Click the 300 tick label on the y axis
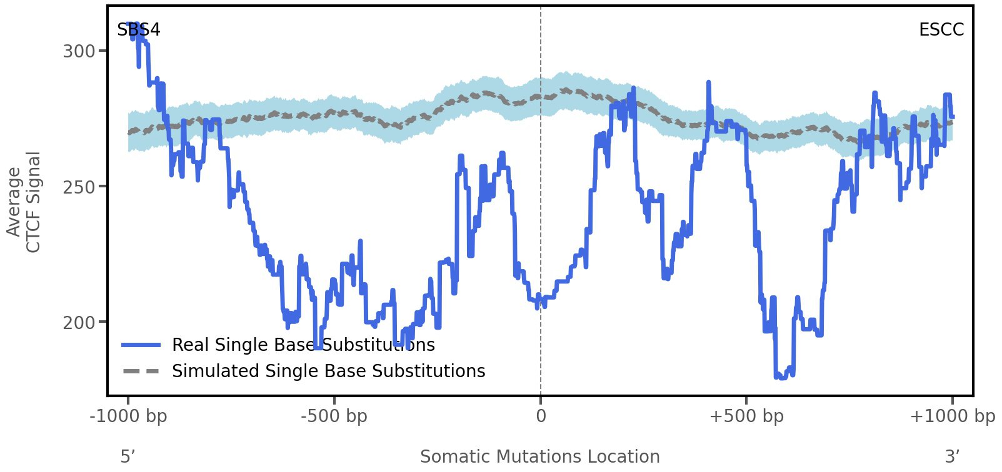click(79, 51)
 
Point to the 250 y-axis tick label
click(79, 187)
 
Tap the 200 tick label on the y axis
click(79, 323)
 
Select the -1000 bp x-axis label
click(129, 416)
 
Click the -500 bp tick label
click(334, 416)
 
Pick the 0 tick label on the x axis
click(541, 416)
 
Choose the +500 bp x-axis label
click(746, 416)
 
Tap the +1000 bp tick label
click(952, 416)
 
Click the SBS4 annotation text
click(139, 29)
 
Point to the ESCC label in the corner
click(941, 29)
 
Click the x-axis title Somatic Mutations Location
click(540, 456)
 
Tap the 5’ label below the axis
click(128, 456)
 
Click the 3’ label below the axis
click(952, 456)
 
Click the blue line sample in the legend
click(141, 345)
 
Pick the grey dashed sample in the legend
click(141, 371)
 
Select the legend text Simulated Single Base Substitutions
click(329, 371)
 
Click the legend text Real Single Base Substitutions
click(303, 345)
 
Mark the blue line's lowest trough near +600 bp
click(781, 377)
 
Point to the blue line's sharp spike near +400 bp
click(709, 82)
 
